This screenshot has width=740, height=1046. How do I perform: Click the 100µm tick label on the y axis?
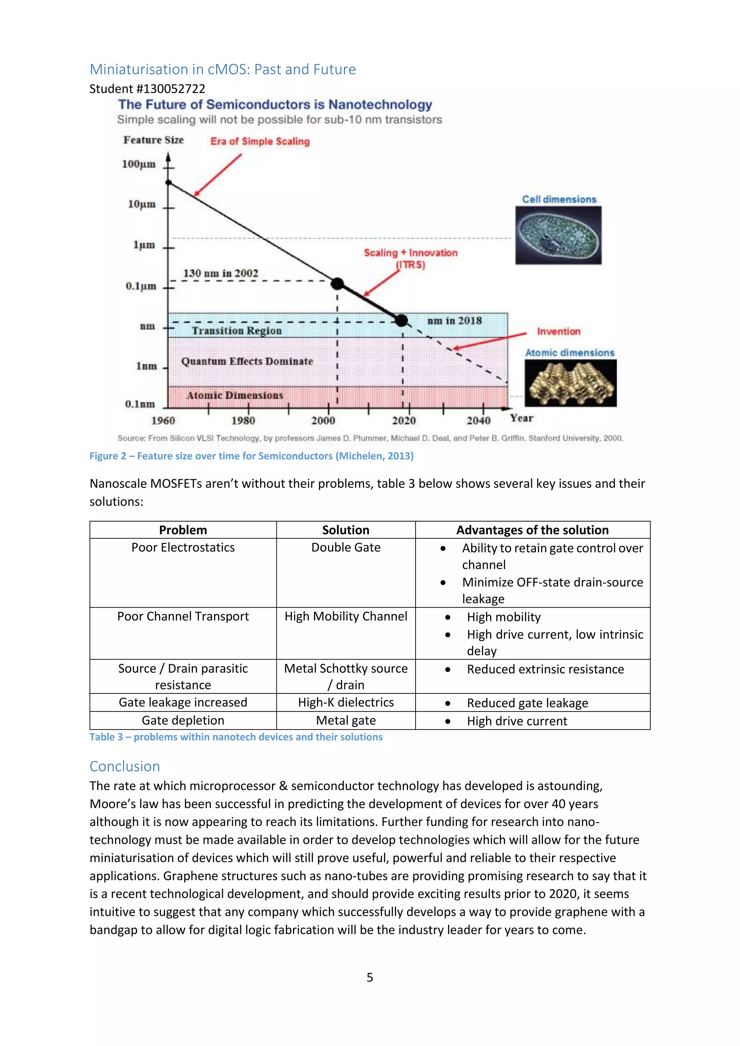click(x=138, y=164)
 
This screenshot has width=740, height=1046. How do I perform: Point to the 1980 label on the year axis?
click(x=243, y=420)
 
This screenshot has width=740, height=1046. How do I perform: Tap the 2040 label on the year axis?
click(x=478, y=420)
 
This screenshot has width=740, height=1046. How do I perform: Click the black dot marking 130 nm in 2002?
click(x=337, y=284)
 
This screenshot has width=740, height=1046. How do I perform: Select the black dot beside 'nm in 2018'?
click(x=401, y=320)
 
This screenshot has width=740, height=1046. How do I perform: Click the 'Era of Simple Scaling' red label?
click(x=260, y=141)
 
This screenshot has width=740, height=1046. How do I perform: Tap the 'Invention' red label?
click(x=558, y=331)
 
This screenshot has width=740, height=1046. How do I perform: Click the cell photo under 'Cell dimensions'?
click(x=558, y=235)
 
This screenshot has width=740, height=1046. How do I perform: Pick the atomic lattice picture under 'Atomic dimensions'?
click(x=571, y=383)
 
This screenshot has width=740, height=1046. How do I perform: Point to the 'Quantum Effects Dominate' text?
click(x=247, y=361)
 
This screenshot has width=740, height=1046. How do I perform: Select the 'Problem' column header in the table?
click(x=183, y=530)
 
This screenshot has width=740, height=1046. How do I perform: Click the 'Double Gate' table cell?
click(x=346, y=547)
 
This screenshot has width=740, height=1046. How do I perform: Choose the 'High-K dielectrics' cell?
click(x=346, y=702)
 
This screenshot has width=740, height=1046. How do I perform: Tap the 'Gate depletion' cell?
click(x=183, y=720)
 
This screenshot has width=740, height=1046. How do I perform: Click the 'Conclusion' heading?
click(x=124, y=766)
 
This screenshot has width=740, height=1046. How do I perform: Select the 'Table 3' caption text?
click(x=236, y=737)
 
